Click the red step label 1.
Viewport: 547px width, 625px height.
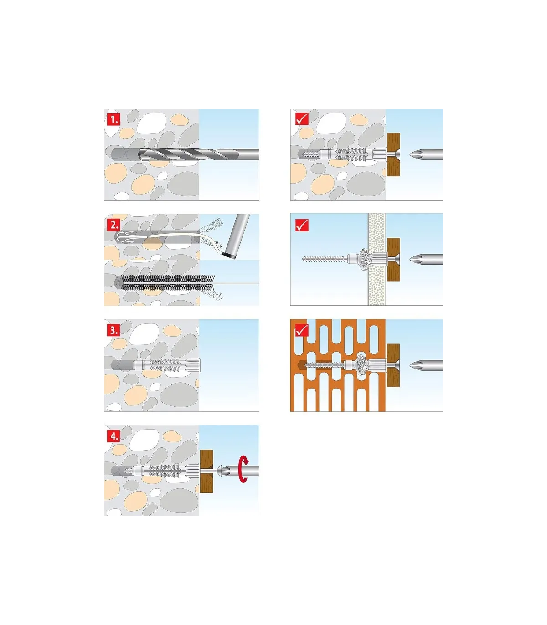click(114, 119)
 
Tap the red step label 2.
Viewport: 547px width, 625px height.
click(114, 225)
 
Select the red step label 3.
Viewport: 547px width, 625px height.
click(114, 330)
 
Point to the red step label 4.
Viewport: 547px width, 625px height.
click(114, 436)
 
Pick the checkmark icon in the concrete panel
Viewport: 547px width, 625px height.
click(302, 119)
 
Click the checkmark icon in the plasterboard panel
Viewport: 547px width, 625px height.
click(302, 225)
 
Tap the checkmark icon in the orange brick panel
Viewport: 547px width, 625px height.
click(302, 330)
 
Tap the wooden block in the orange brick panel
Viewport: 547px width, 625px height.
click(393, 365)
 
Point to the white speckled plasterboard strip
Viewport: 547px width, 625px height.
click(377, 259)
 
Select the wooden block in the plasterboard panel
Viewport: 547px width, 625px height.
click(393, 259)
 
